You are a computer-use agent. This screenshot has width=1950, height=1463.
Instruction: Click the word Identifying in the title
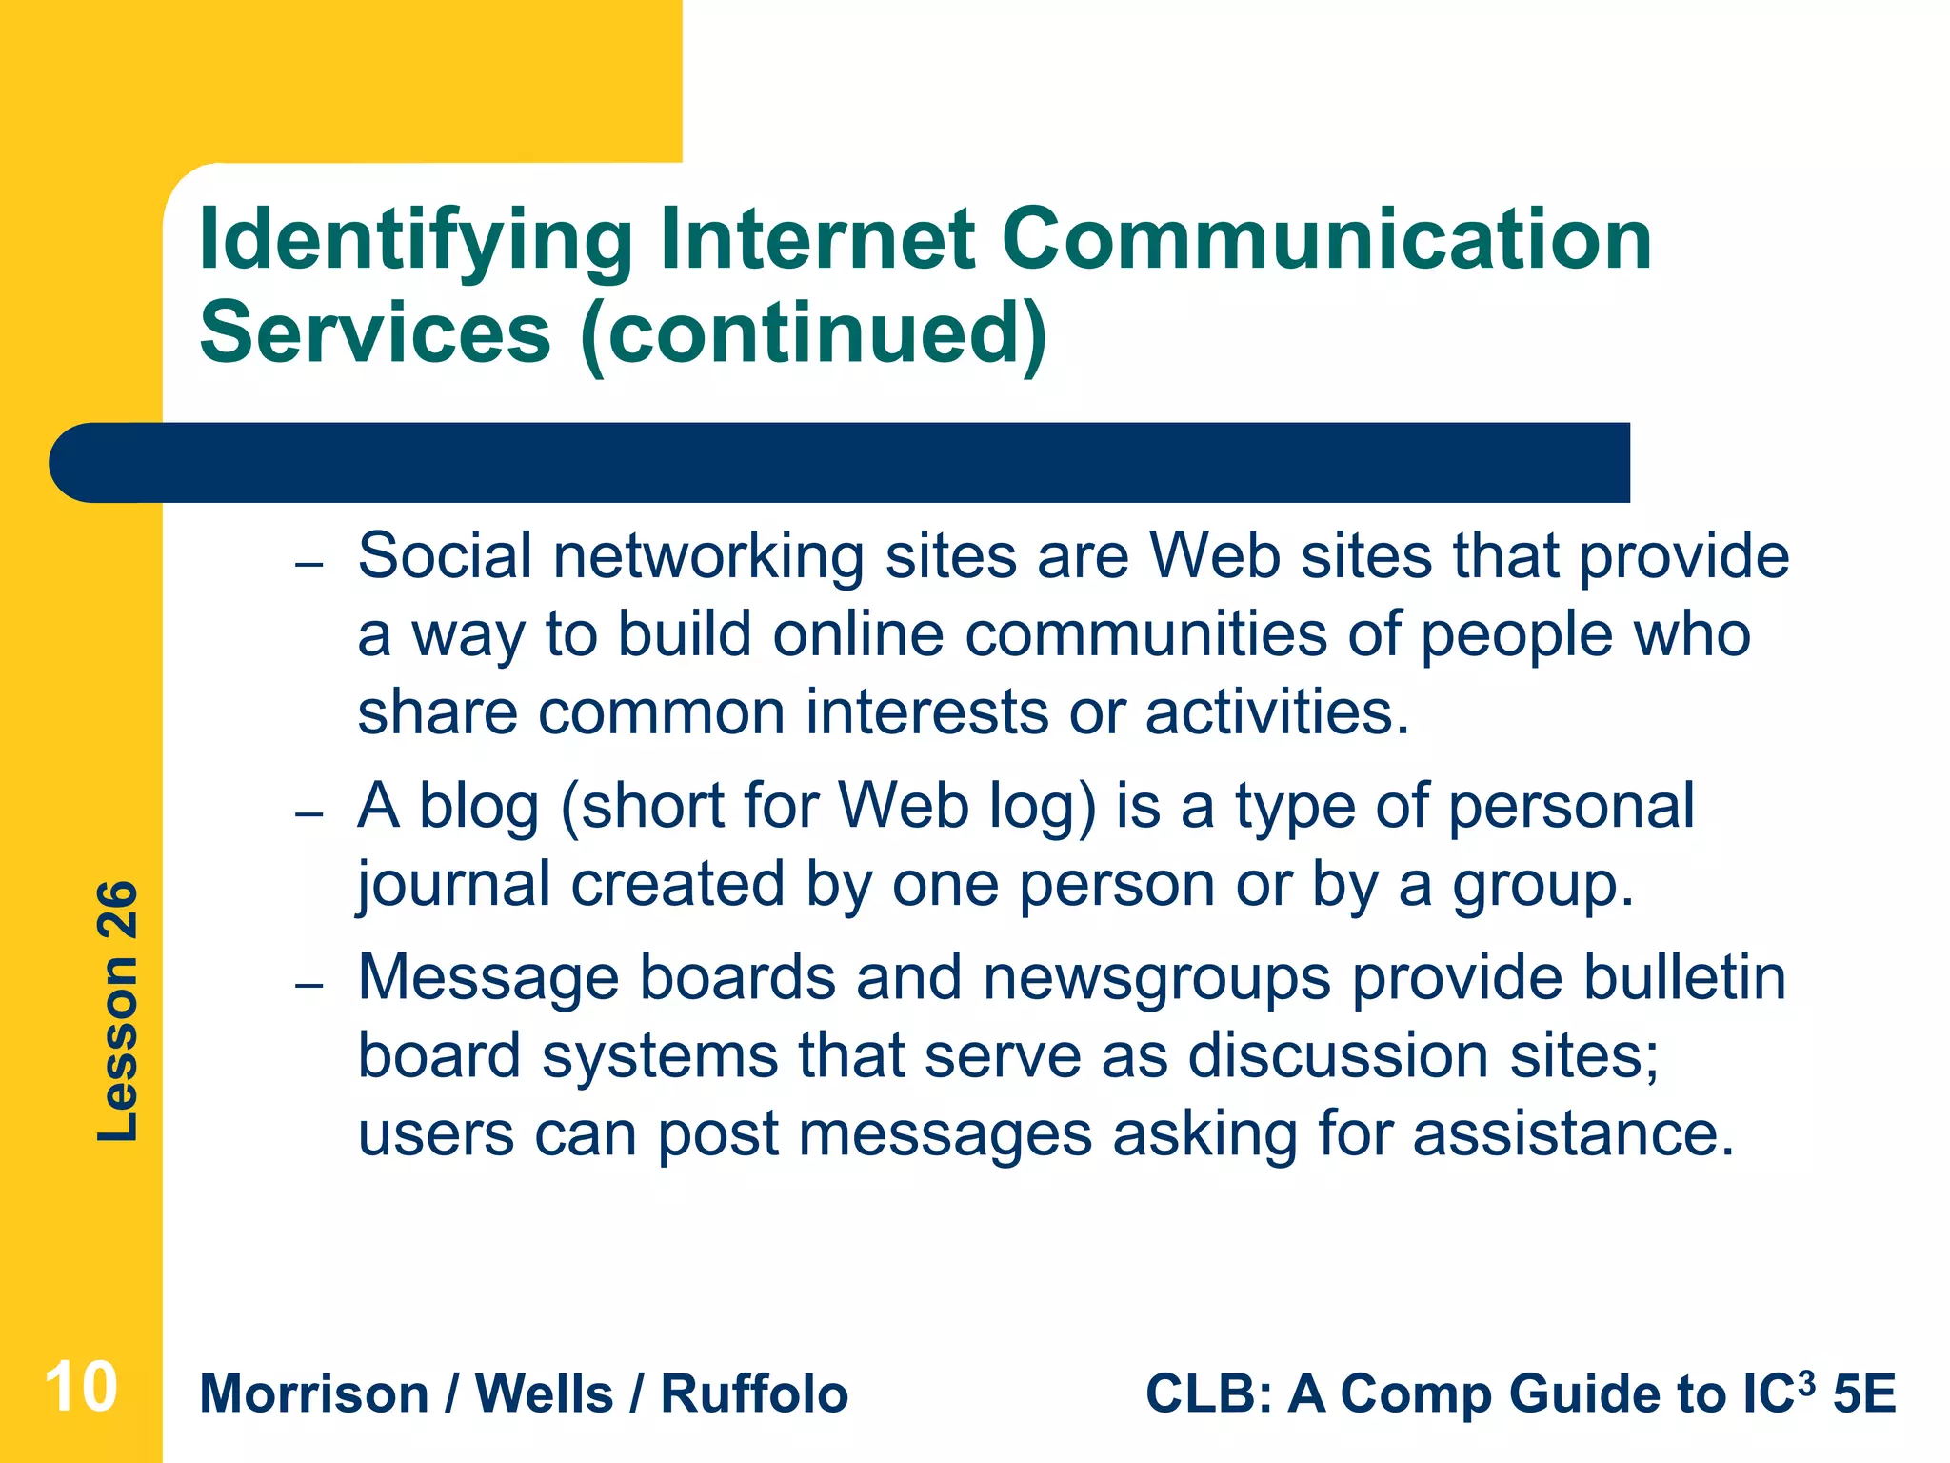click(x=415, y=240)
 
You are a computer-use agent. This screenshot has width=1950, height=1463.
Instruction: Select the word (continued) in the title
click(x=814, y=332)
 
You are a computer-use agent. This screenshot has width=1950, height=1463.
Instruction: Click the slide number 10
click(x=81, y=1388)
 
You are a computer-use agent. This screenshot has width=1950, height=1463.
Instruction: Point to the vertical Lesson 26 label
click(x=118, y=1011)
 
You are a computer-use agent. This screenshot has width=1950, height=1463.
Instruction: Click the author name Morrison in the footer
click(x=314, y=1394)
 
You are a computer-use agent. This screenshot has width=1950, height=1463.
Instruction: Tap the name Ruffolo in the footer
click(x=754, y=1394)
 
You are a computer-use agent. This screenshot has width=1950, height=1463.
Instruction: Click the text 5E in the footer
click(x=1864, y=1394)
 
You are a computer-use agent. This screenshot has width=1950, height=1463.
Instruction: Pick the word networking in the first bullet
click(x=708, y=556)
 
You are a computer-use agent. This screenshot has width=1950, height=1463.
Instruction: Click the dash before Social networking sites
click(x=309, y=565)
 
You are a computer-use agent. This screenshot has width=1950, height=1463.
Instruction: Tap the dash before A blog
click(x=309, y=815)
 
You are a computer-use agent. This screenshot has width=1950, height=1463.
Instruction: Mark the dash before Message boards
click(x=309, y=987)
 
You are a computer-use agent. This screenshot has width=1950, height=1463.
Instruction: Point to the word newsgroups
click(x=1157, y=979)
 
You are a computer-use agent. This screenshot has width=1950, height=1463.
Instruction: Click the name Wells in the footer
click(x=545, y=1394)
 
